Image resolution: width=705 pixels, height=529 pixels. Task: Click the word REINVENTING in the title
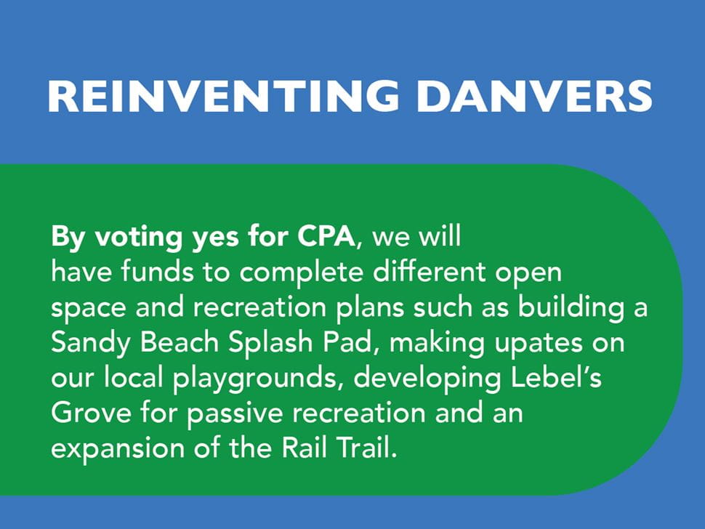pos(224,96)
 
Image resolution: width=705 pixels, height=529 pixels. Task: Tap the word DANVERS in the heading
pos(534,96)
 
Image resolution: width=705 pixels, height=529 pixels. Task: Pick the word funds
pos(157,272)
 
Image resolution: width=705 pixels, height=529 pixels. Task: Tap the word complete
pos(301,273)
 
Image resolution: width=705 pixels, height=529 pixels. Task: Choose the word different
pos(430,272)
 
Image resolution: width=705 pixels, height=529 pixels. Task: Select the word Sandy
pos(90,344)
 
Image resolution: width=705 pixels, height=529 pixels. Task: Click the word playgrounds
pos(255,379)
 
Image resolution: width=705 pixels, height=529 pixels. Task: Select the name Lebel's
pos(556,377)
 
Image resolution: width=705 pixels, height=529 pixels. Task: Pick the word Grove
pos(91,413)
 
